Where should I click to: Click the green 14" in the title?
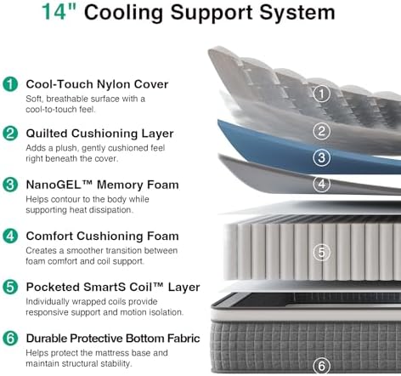(59, 12)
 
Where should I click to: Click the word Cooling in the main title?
(123, 14)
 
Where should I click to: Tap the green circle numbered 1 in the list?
(10, 84)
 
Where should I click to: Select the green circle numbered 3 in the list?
(10, 185)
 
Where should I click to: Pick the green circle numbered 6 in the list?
(10, 339)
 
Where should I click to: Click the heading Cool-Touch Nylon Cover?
(97, 84)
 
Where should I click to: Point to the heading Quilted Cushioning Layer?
(99, 134)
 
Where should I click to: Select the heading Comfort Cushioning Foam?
(102, 236)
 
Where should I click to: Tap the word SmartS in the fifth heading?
(104, 287)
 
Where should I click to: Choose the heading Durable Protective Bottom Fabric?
(113, 339)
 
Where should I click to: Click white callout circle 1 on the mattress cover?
(322, 94)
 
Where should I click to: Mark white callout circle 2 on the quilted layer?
(322, 131)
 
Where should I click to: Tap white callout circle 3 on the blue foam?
(322, 157)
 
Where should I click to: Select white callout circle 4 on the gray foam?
(322, 184)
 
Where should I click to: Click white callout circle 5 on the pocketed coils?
(322, 252)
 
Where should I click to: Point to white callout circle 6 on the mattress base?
(322, 366)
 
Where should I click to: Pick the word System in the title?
(297, 14)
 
